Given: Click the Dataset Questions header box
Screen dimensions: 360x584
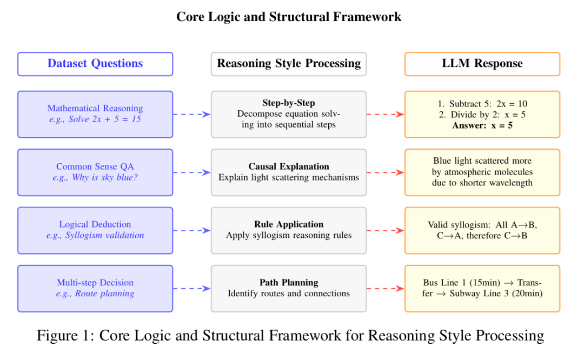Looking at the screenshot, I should (x=95, y=64).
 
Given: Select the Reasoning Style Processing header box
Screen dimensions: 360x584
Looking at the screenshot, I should (x=289, y=64).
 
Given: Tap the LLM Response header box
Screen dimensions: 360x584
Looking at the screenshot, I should (x=482, y=64).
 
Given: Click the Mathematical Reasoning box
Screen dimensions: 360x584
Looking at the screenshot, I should (x=95, y=114).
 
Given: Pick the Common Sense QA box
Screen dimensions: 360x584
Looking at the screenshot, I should (x=95, y=172).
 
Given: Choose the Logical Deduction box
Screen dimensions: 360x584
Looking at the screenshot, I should (x=95, y=230).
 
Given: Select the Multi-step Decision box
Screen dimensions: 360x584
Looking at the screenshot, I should (x=95, y=288).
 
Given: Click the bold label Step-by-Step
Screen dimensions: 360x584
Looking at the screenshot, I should (x=289, y=103).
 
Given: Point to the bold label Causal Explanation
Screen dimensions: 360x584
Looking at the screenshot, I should (x=289, y=166).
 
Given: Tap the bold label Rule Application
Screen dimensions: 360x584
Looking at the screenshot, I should (x=289, y=224).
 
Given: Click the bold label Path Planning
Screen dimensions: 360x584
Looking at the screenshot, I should (x=289, y=283).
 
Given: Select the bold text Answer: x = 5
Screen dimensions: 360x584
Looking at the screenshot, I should (x=482, y=125).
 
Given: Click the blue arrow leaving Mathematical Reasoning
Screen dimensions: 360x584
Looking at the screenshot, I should (x=192, y=114).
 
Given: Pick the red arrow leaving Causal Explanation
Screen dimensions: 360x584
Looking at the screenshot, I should (x=386, y=172).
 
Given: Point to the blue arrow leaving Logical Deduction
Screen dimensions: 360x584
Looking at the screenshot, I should (x=192, y=230).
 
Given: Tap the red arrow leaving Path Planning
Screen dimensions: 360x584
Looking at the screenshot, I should (x=386, y=289).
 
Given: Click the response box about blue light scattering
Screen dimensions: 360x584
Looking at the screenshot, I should (x=482, y=172).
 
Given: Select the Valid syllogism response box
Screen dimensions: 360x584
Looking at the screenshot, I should (x=482, y=230).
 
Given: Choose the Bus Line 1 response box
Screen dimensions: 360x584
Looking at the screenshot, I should (x=482, y=288).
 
